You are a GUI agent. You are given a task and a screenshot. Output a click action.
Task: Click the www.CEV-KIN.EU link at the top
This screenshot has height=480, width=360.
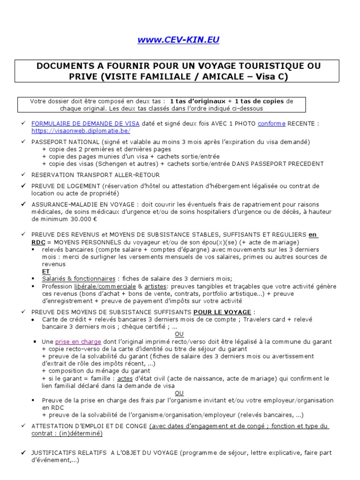(178, 40)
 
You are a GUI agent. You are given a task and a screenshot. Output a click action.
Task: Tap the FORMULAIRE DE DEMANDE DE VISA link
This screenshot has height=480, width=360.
(85, 123)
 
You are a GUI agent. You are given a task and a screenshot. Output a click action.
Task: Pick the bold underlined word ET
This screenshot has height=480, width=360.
(46, 271)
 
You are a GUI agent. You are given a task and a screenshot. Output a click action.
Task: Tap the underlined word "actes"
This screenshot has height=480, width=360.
(125, 378)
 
